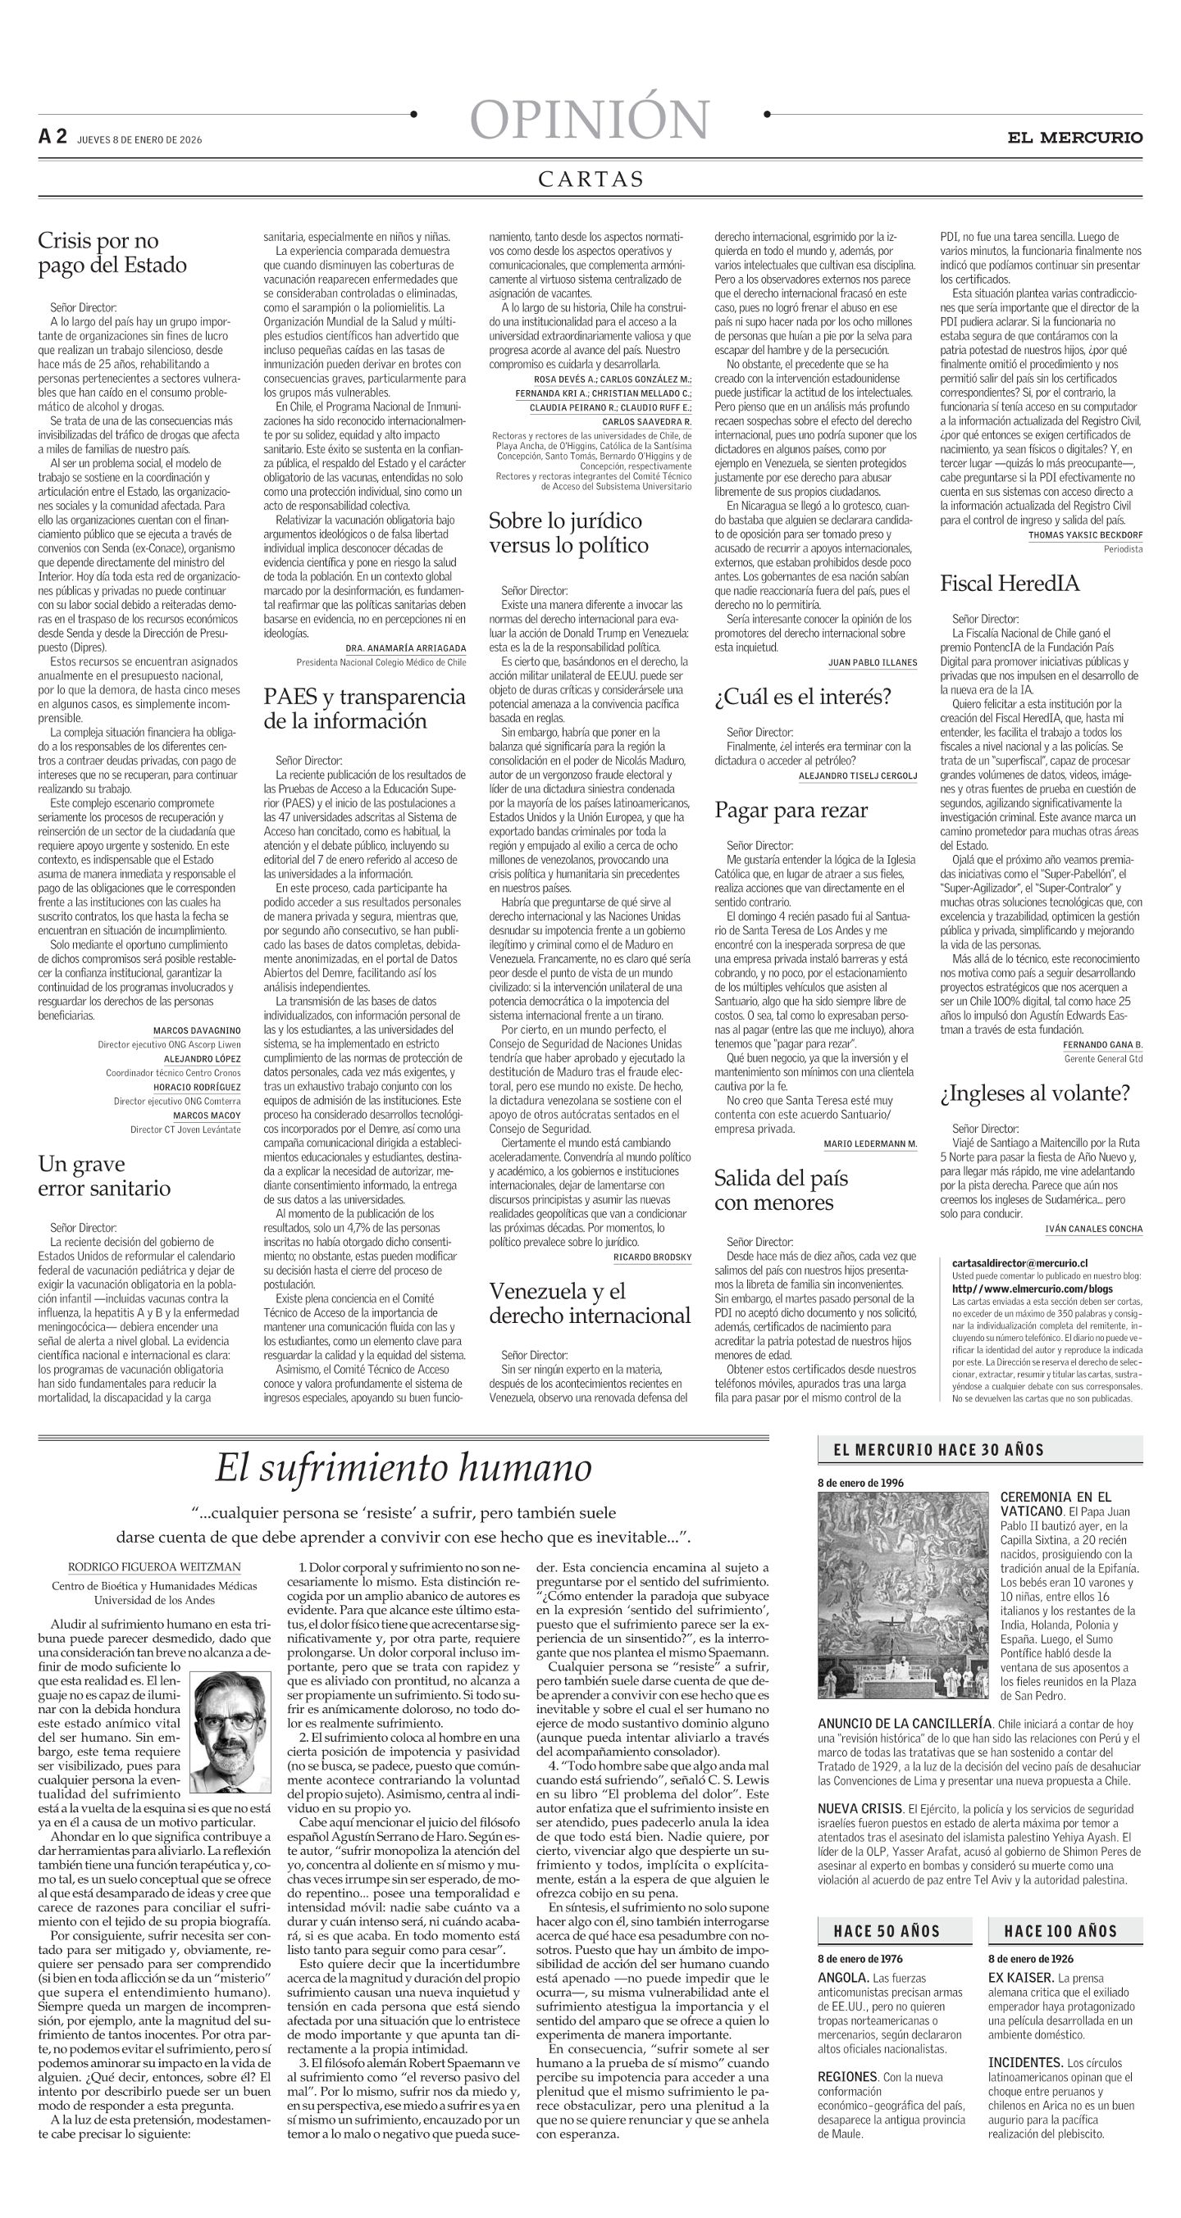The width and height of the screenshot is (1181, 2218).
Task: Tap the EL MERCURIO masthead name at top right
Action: coord(1076,137)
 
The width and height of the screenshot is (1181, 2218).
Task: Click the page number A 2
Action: coord(52,137)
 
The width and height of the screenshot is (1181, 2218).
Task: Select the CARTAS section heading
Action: coord(591,179)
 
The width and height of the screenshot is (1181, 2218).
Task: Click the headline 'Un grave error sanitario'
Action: coord(104,1176)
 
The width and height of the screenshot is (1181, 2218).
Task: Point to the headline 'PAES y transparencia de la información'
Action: coord(364,709)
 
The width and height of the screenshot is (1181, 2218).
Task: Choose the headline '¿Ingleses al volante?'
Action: coord(1034,1093)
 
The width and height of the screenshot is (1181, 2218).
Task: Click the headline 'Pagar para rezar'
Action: coord(791,810)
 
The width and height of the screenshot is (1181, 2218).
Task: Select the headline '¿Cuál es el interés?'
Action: coord(802,697)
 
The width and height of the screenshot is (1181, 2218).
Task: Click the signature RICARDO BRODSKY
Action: coord(652,1257)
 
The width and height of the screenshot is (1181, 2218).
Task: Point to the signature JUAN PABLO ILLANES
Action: coord(872,663)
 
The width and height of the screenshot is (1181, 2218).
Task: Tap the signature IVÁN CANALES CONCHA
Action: coord(1093,1229)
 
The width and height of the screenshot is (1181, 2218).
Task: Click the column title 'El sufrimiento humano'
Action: coord(404,1469)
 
